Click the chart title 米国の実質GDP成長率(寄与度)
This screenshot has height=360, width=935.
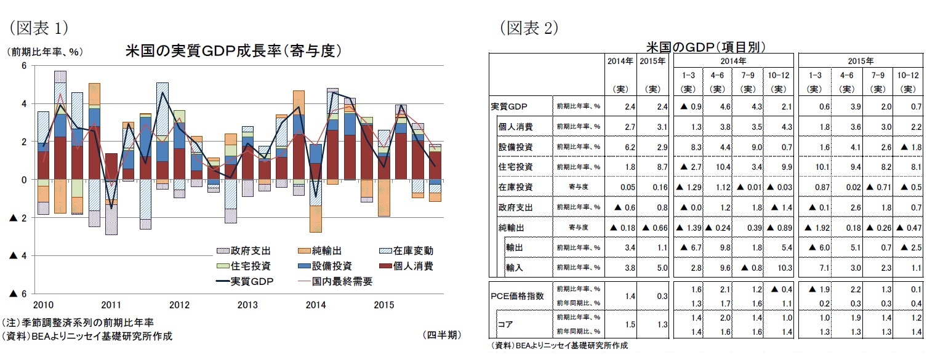[233, 50]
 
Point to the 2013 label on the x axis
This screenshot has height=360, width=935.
[247, 305]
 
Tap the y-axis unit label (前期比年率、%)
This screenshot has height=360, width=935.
[44, 52]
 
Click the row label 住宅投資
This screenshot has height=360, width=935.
[516, 167]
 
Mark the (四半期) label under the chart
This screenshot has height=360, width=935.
[441, 335]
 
